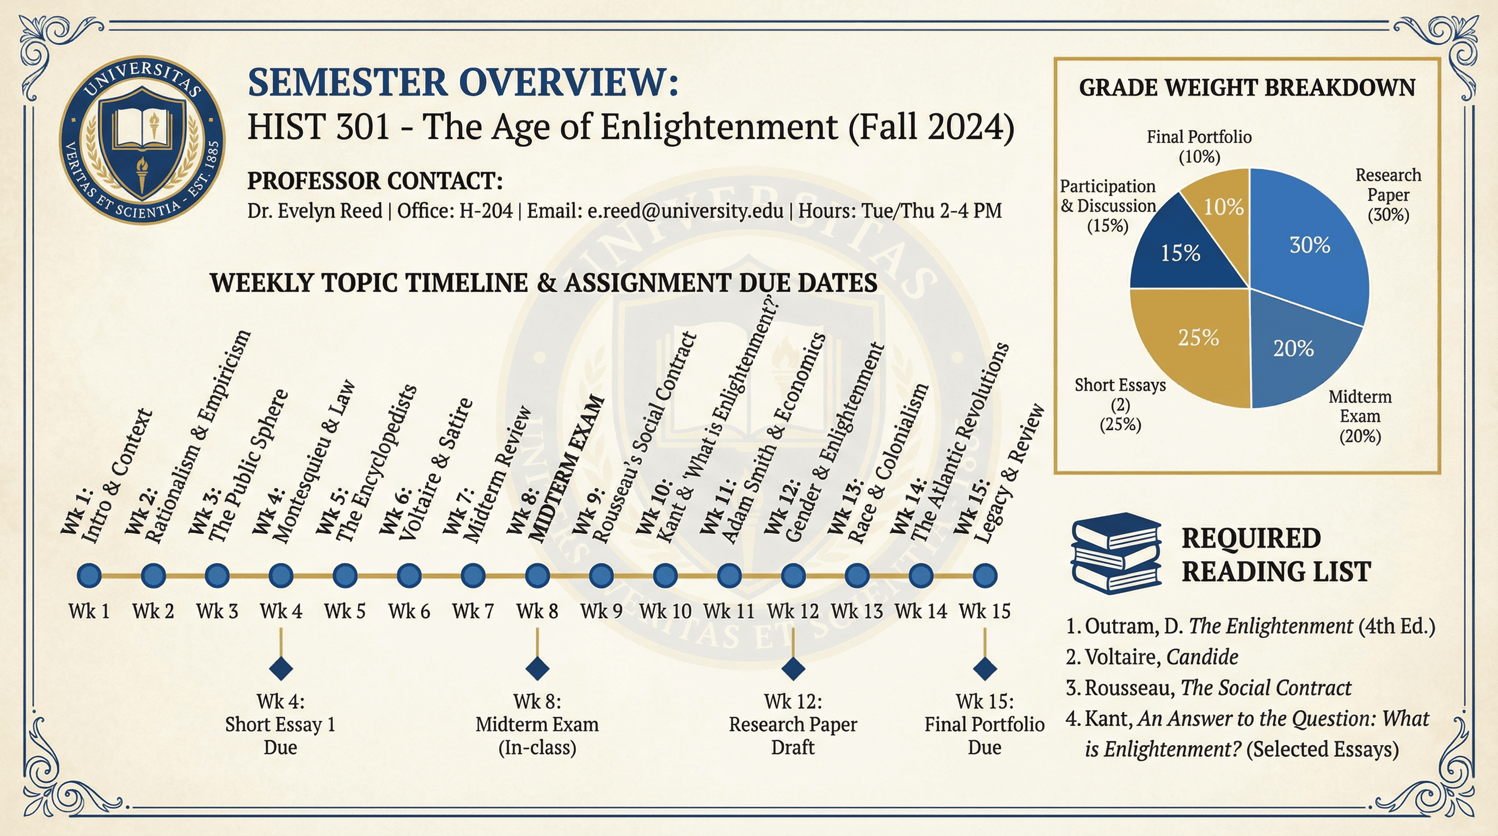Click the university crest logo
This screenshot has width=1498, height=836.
[x=142, y=140]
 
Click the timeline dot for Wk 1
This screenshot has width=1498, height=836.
[x=89, y=575]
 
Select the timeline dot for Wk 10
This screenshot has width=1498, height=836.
[x=665, y=575]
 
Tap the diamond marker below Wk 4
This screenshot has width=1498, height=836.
[x=281, y=668]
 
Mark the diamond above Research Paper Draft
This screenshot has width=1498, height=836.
[x=793, y=668]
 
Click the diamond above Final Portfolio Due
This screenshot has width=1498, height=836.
[x=985, y=668]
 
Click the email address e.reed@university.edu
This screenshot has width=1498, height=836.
[x=685, y=211]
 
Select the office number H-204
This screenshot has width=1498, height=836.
[x=486, y=211]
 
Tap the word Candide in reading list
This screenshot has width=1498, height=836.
[x=1202, y=657]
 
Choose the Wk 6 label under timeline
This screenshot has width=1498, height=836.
[x=409, y=612]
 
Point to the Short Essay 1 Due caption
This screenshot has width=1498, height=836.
[x=280, y=724]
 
